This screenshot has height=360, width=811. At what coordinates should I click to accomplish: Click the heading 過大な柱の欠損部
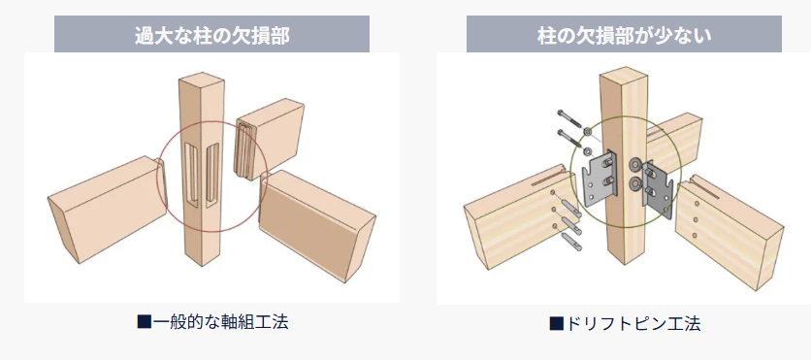pos(212,35)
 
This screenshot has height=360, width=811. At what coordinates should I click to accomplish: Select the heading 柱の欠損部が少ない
pos(625,35)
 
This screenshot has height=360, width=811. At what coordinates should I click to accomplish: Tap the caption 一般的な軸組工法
pos(221,322)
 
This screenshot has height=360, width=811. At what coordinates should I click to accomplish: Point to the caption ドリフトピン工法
pos(633,324)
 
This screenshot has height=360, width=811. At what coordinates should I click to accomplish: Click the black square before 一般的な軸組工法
pos(144,322)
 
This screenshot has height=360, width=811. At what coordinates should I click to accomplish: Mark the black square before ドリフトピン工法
pos(556,324)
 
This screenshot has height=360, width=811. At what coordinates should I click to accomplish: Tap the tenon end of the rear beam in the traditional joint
pos(244,149)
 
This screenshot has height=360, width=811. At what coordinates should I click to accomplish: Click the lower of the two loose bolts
pos(572,139)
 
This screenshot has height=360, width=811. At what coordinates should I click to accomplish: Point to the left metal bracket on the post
pos(600,178)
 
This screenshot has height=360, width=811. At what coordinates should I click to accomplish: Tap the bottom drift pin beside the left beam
pos(570,240)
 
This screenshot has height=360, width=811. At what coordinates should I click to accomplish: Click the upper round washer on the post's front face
pos(634,166)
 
